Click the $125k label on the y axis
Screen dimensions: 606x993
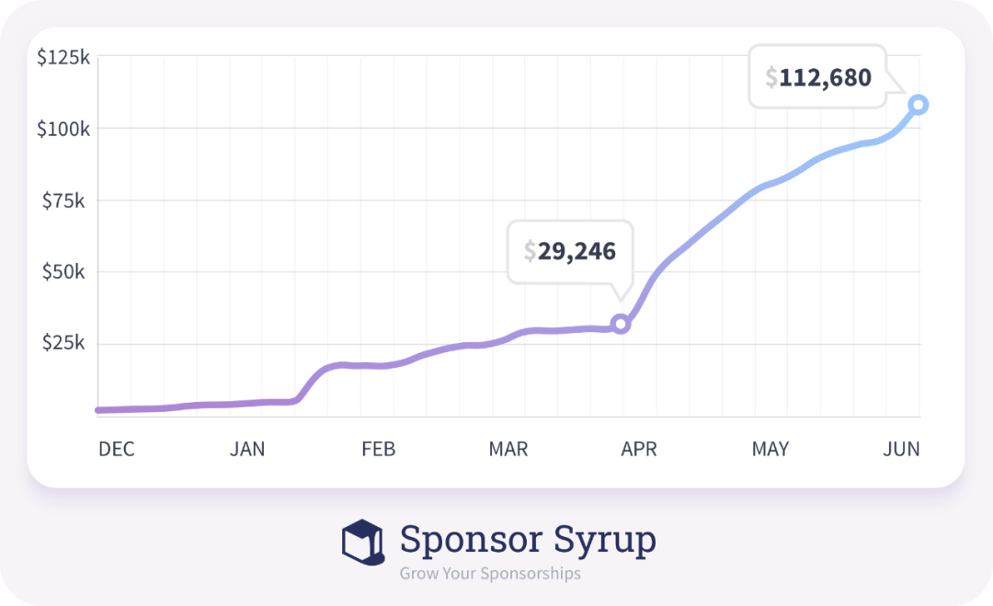click(x=63, y=57)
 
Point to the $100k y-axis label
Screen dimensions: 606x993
click(x=63, y=129)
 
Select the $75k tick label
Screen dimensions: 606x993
click(x=66, y=200)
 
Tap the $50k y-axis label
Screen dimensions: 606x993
click(x=66, y=272)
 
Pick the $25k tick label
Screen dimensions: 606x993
click(x=66, y=344)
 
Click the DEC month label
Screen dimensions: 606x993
click(x=117, y=449)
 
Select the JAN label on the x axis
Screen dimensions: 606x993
click(x=247, y=449)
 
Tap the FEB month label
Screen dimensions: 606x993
click(x=378, y=449)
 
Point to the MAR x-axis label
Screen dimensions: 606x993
click(x=508, y=449)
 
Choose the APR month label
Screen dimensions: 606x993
click(x=639, y=449)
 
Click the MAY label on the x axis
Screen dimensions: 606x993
click(x=770, y=449)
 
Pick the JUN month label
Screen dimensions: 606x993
click(x=901, y=449)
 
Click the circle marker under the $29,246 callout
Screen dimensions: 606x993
click(x=621, y=324)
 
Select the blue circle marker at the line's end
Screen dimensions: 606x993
click(x=918, y=105)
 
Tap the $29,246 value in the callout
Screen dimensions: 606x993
click(x=570, y=251)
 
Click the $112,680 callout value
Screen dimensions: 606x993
click(x=818, y=77)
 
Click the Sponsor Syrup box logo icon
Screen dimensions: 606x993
click(x=362, y=542)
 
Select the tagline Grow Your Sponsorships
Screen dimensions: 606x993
click(x=490, y=574)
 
